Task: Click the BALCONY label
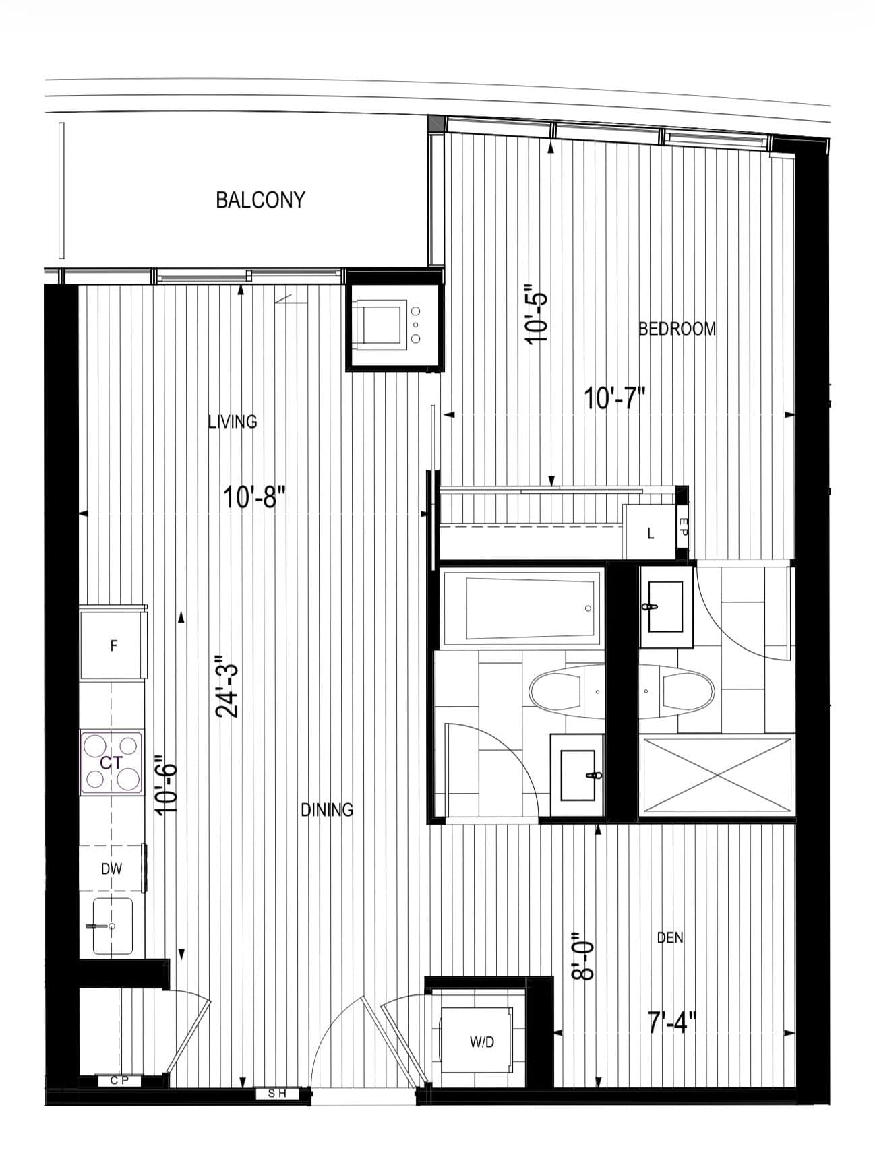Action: pyautogui.click(x=260, y=200)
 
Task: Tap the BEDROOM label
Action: pyautogui.click(x=677, y=329)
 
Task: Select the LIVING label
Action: pyautogui.click(x=233, y=422)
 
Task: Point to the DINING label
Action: pyautogui.click(x=327, y=809)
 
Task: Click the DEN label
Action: pyautogui.click(x=670, y=937)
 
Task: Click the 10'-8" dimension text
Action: pyautogui.click(x=255, y=499)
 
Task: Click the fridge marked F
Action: pyautogui.click(x=113, y=645)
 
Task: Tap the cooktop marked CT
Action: pyautogui.click(x=112, y=762)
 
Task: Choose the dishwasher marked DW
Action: pyautogui.click(x=112, y=869)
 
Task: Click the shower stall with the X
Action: pyautogui.click(x=717, y=776)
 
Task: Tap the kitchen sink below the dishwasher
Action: pyautogui.click(x=112, y=926)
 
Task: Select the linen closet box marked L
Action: pyautogui.click(x=651, y=533)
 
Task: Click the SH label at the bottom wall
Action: pyautogui.click(x=277, y=1112)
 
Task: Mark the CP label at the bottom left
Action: pyautogui.click(x=119, y=1099)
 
